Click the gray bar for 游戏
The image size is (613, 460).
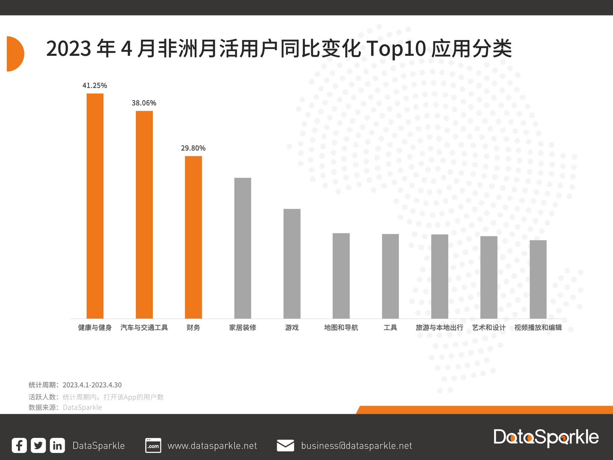292,264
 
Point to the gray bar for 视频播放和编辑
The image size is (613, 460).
538,279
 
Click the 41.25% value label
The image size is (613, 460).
95,86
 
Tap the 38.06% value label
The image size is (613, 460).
144,103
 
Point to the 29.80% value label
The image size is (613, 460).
193,148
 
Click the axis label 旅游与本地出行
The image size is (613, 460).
439,328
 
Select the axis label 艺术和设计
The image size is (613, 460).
489,328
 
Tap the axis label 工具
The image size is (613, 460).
390,328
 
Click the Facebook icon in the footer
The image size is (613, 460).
19,446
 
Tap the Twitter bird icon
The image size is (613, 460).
38,446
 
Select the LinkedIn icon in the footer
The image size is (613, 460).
57,446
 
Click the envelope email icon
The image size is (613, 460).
285,446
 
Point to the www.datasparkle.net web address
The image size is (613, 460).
212,446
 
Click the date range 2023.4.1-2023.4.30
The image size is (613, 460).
92,385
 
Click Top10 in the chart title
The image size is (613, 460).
396,49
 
